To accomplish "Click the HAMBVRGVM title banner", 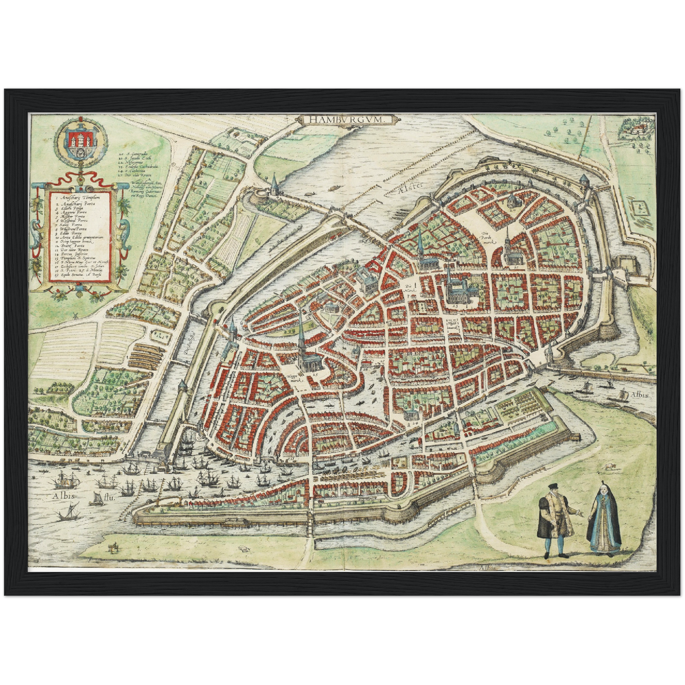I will tap(346, 120).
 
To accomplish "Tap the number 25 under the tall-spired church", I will tap(314, 374).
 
